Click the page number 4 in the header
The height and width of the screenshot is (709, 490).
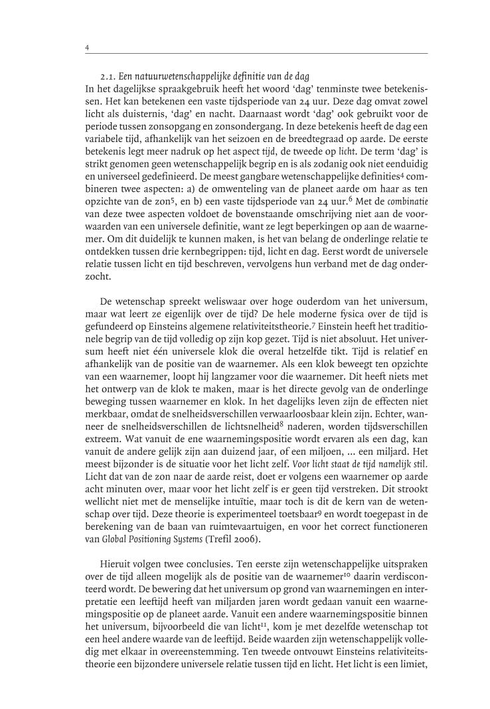[88, 48]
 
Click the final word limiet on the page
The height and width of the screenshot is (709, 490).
[412, 672]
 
